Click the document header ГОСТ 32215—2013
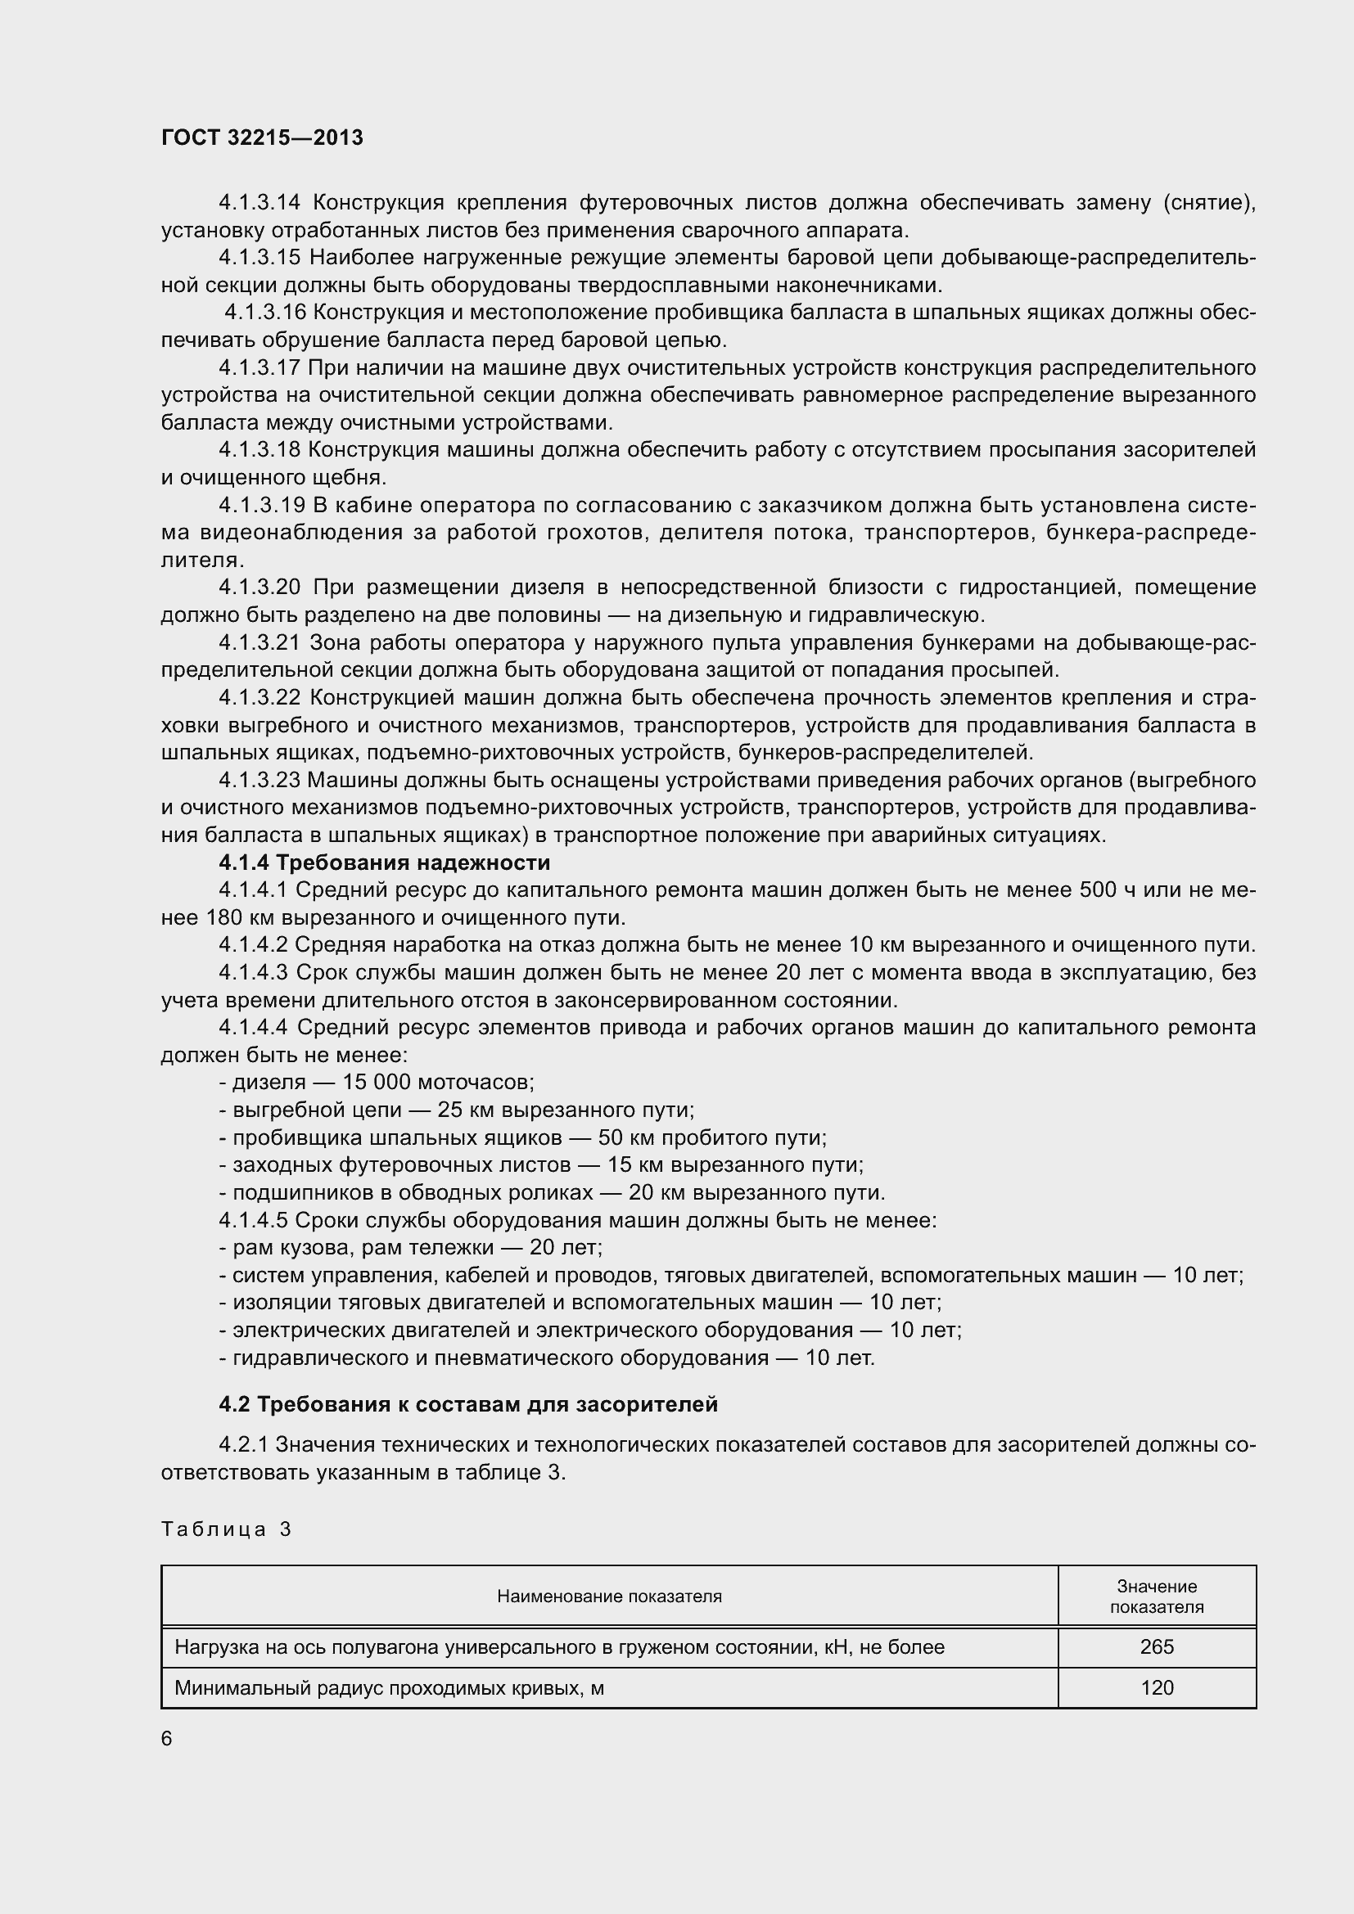coord(262,137)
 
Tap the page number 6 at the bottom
coord(167,1738)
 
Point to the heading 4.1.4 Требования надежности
coord(385,862)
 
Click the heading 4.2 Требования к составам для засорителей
coord(467,1405)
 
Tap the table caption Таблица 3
coord(226,1529)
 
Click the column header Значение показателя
coord(1157,1597)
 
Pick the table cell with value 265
coord(1157,1647)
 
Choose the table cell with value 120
coord(1157,1688)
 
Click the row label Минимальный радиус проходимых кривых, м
coord(389,1688)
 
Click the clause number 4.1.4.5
coord(253,1220)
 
